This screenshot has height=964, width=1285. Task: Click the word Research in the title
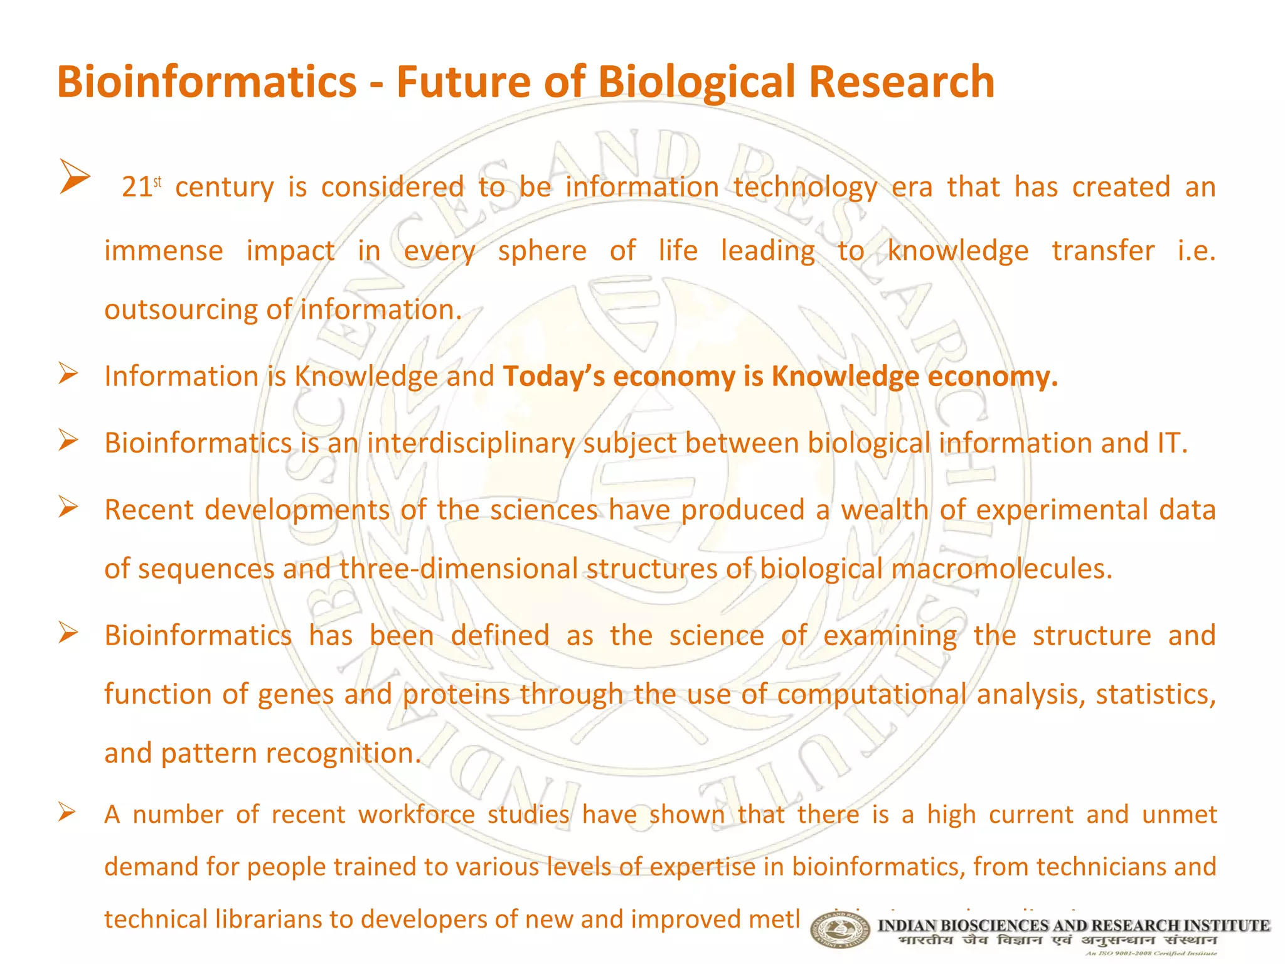(901, 82)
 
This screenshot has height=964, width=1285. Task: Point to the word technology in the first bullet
(805, 187)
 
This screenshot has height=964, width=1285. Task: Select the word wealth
(883, 509)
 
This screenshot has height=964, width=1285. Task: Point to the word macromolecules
(1001, 569)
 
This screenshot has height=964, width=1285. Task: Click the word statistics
(1155, 694)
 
